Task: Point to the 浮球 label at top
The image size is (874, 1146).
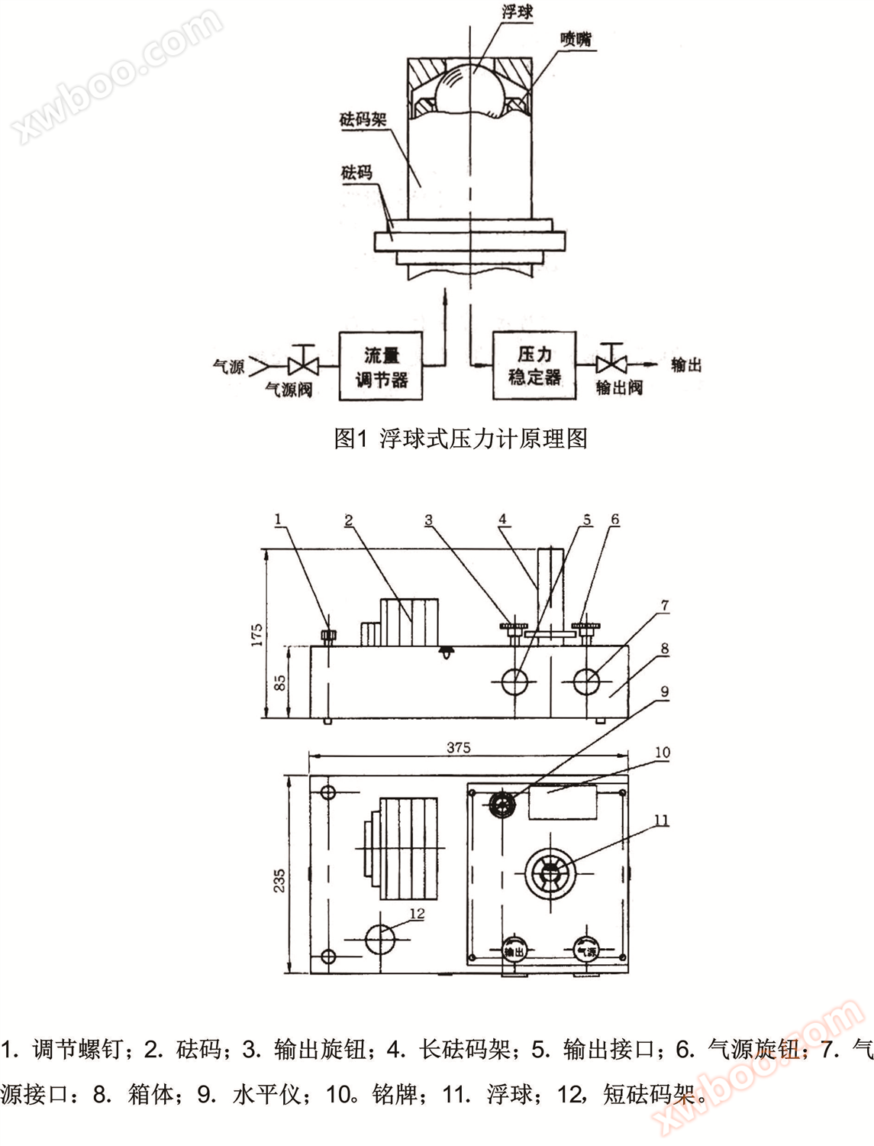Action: [x=518, y=12]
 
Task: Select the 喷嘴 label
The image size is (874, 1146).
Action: [x=576, y=39]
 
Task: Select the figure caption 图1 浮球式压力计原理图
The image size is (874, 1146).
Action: [x=461, y=439]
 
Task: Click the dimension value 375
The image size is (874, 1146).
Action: [x=459, y=748]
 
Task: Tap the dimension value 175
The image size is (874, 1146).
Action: [x=257, y=634]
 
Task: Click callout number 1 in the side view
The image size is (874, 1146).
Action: [x=278, y=519]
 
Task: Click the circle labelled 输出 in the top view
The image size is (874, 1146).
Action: [x=514, y=950]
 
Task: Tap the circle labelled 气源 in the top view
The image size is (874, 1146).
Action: [x=586, y=950]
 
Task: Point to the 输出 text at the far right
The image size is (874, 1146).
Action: [x=686, y=364]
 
